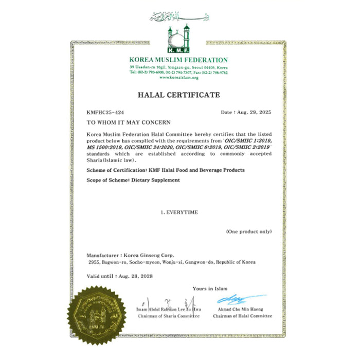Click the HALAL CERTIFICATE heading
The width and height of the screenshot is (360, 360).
click(x=179, y=95)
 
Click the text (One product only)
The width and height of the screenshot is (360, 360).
click(x=248, y=231)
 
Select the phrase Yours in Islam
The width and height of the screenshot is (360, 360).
click(x=210, y=289)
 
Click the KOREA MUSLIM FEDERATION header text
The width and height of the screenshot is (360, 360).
click(x=179, y=60)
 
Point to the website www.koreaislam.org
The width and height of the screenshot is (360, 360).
click(x=179, y=77)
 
